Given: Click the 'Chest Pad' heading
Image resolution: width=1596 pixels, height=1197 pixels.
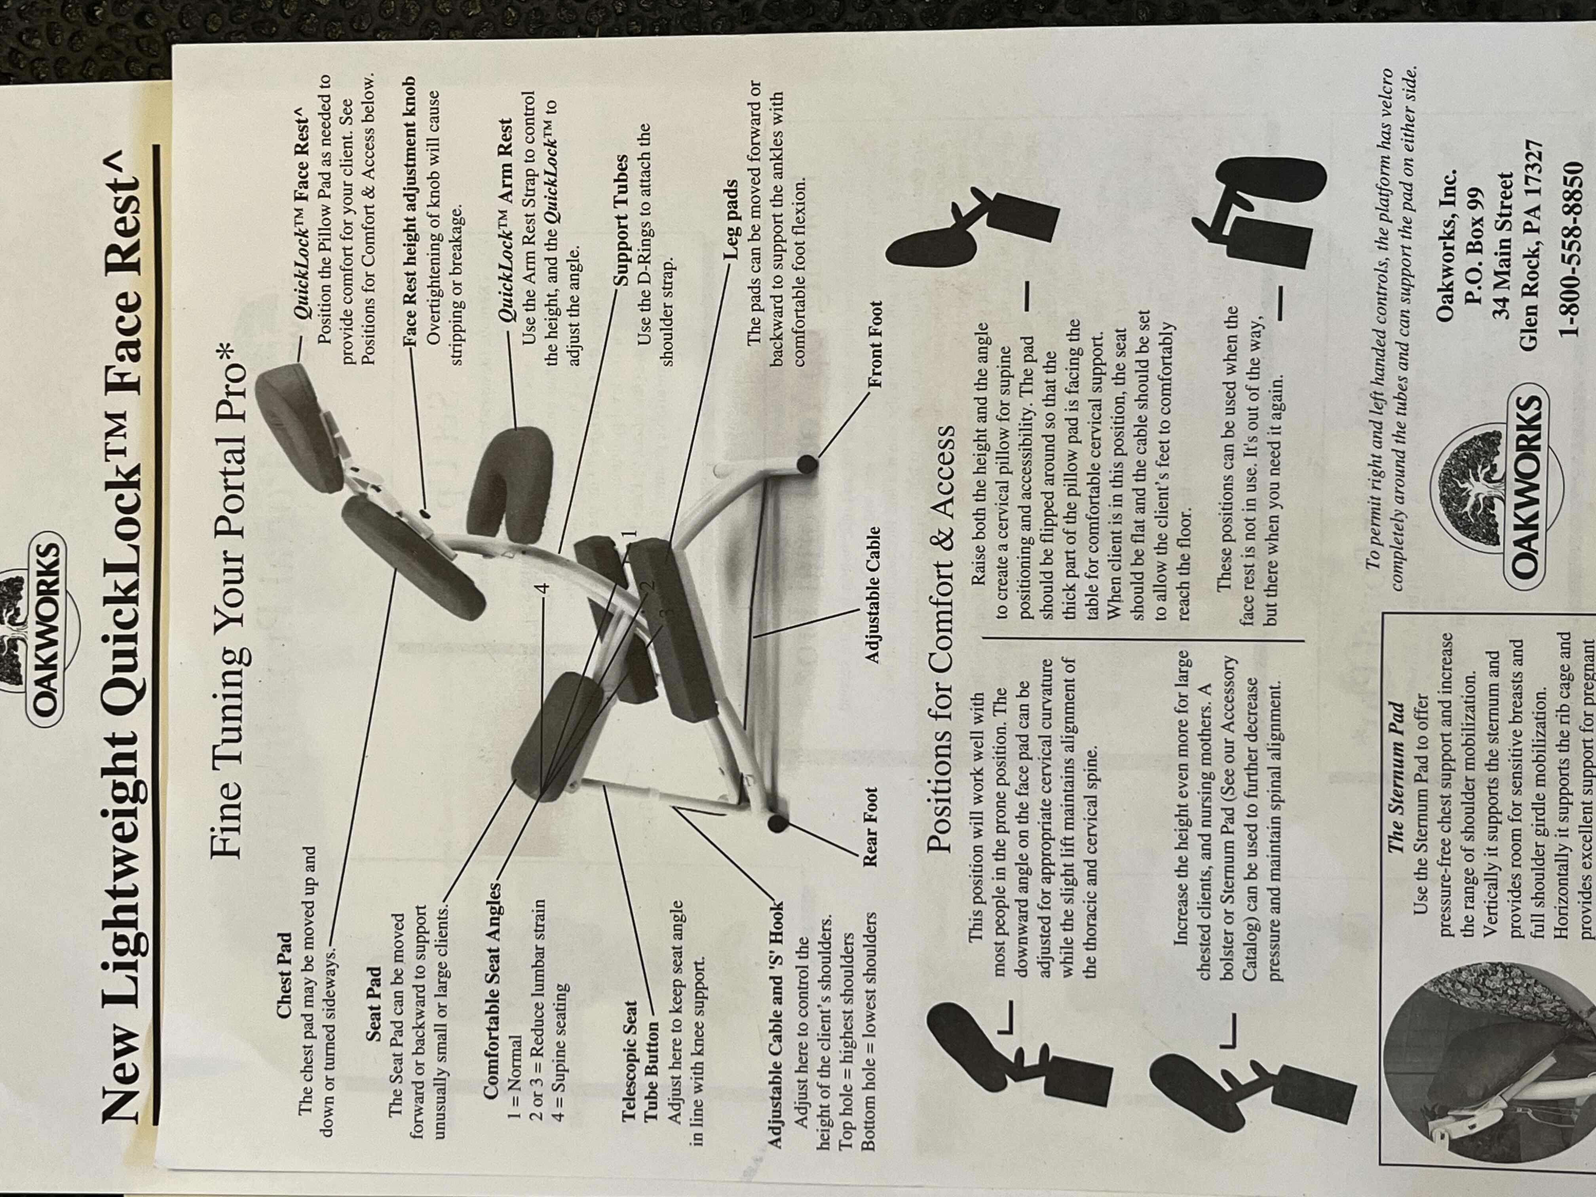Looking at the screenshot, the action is [x=285, y=995].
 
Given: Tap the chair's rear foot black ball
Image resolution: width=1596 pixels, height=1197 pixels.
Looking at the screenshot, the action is [x=777, y=823].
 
